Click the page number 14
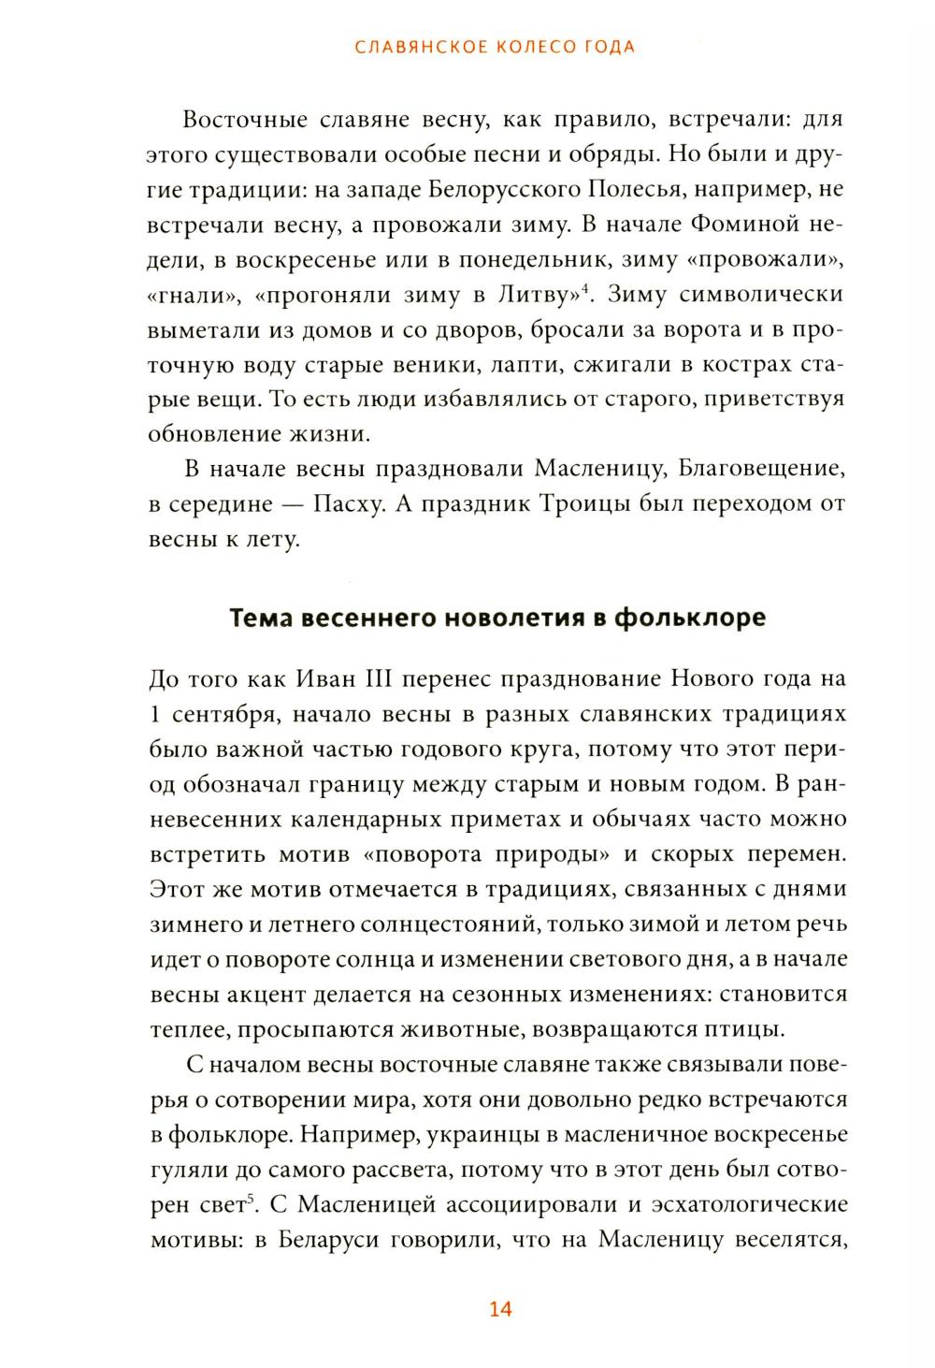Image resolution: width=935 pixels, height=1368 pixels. [500, 1309]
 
